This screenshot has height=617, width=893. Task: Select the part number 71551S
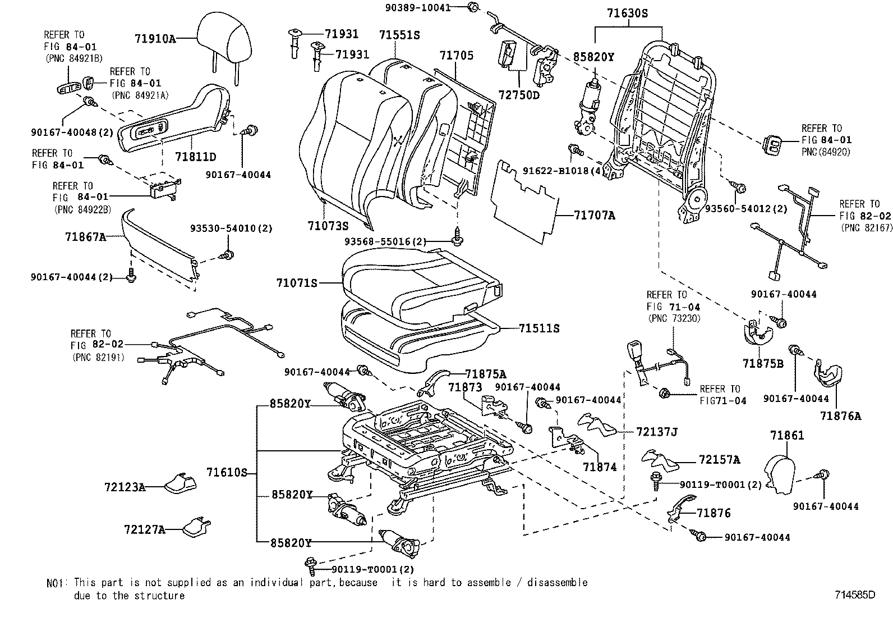(399, 35)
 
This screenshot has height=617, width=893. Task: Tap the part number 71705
(456, 56)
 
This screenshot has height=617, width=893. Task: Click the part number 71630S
(627, 13)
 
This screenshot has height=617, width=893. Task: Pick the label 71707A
(595, 215)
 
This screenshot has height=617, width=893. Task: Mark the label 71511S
(539, 328)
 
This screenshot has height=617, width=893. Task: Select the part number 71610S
(226, 473)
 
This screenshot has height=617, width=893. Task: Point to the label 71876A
(840, 416)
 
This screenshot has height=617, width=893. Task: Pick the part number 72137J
(657, 432)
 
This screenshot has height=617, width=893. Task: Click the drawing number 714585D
(854, 595)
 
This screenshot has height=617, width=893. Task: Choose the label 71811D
(195, 156)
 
